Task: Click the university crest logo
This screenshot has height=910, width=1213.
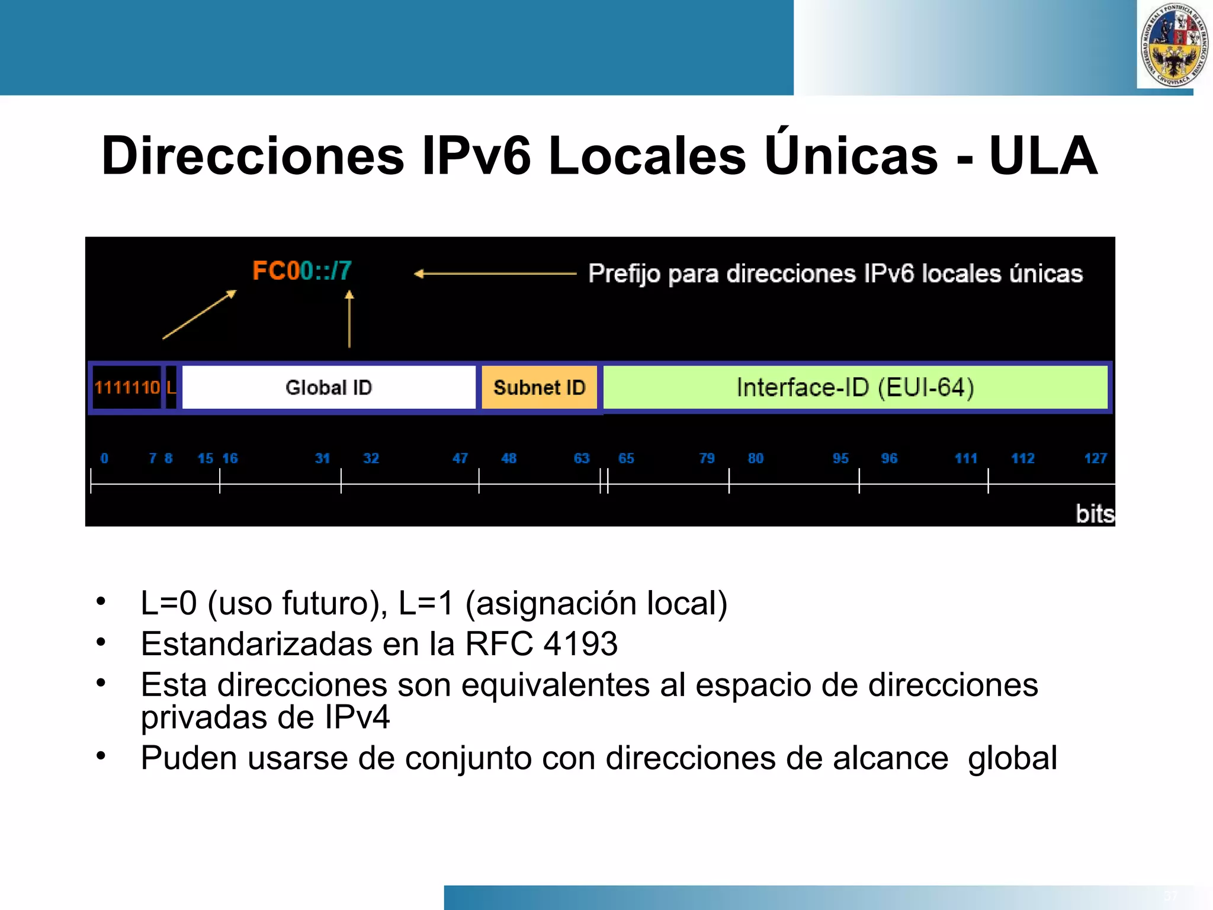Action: point(1174,45)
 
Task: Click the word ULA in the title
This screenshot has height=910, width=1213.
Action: point(1043,156)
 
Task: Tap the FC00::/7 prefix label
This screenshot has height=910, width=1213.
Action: point(302,271)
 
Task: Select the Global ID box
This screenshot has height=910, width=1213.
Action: point(329,387)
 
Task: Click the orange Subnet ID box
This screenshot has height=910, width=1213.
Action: point(539,387)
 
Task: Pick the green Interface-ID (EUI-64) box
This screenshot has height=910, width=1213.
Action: point(855,387)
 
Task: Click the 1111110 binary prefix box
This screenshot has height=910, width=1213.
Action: point(127,387)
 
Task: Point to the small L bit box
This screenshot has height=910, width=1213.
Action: point(171,387)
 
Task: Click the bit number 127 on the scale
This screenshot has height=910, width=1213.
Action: point(1095,458)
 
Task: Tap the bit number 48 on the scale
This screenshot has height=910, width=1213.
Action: point(509,458)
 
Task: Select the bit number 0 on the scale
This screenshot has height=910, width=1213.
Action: point(104,458)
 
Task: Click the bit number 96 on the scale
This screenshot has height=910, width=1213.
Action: point(889,458)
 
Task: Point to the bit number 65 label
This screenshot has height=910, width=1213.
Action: point(626,458)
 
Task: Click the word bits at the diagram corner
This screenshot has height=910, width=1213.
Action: point(1095,514)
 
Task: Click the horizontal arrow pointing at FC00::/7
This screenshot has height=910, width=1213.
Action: point(495,274)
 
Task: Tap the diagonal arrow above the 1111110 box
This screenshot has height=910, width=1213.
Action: point(200,315)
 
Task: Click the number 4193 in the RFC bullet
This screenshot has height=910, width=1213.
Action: point(580,644)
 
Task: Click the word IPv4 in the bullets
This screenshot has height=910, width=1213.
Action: point(357,717)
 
